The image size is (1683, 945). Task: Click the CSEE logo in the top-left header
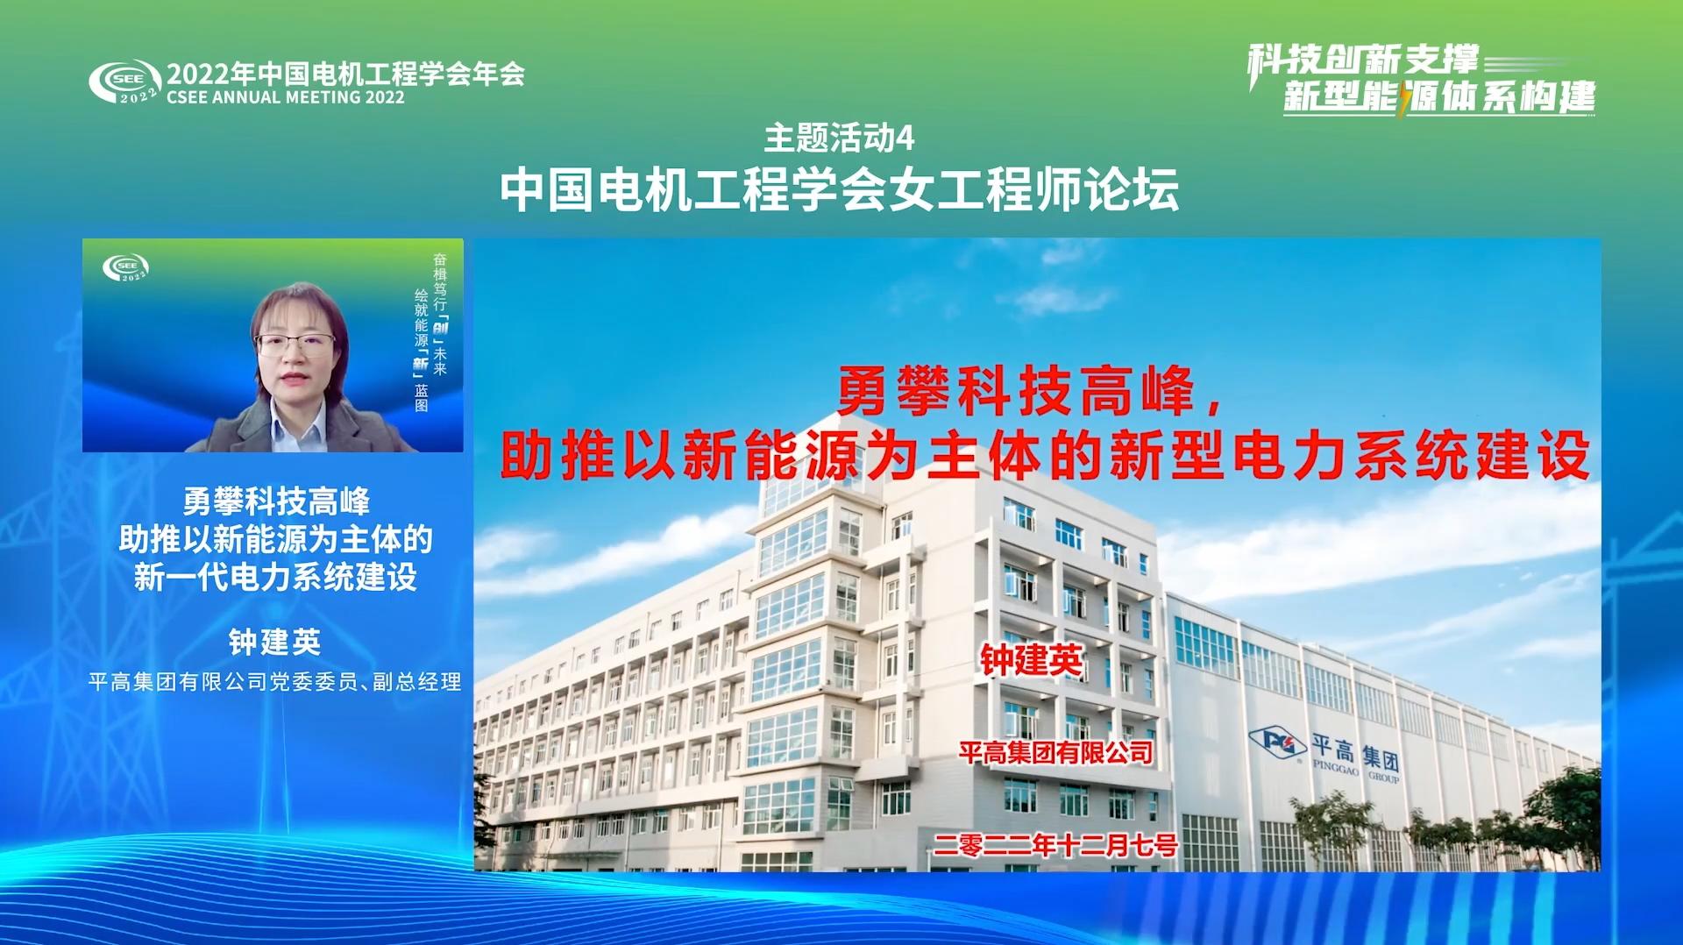(124, 82)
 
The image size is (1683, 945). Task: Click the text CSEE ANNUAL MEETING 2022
(286, 97)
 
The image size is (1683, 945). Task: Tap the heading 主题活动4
(839, 138)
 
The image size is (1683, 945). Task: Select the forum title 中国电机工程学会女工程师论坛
(839, 189)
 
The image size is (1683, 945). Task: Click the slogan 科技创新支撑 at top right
(1363, 60)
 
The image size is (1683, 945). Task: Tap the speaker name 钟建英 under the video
(274, 642)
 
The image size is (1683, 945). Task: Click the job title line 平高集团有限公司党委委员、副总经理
(274, 682)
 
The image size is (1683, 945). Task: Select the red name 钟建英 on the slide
(1031, 660)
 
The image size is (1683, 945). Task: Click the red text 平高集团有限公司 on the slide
(1055, 752)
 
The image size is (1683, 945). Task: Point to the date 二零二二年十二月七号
(1055, 845)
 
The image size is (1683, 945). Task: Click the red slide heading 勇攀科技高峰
(1016, 391)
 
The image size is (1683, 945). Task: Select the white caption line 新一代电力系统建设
(275, 577)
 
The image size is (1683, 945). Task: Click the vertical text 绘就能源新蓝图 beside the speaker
(422, 350)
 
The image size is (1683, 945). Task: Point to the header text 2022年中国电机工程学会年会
(345, 73)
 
